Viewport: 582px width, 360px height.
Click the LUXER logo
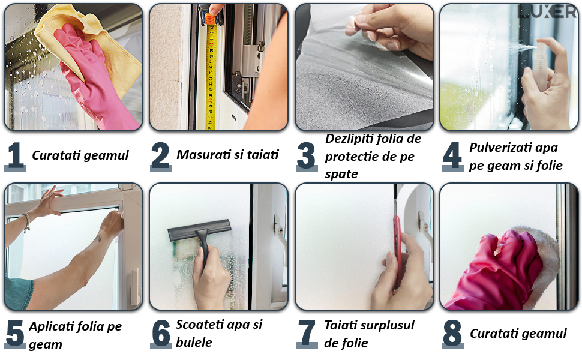(x=547, y=11)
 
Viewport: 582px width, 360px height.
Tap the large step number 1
(x=15, y=156)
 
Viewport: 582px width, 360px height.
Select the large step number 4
(x=452, y=156)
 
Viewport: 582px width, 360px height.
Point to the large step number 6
(x=161, y=334)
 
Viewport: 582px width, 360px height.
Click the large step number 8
(x=452, y=334)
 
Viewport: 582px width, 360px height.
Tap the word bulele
(x=194, y=342)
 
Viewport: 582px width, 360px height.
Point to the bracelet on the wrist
(x=26, y=223)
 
